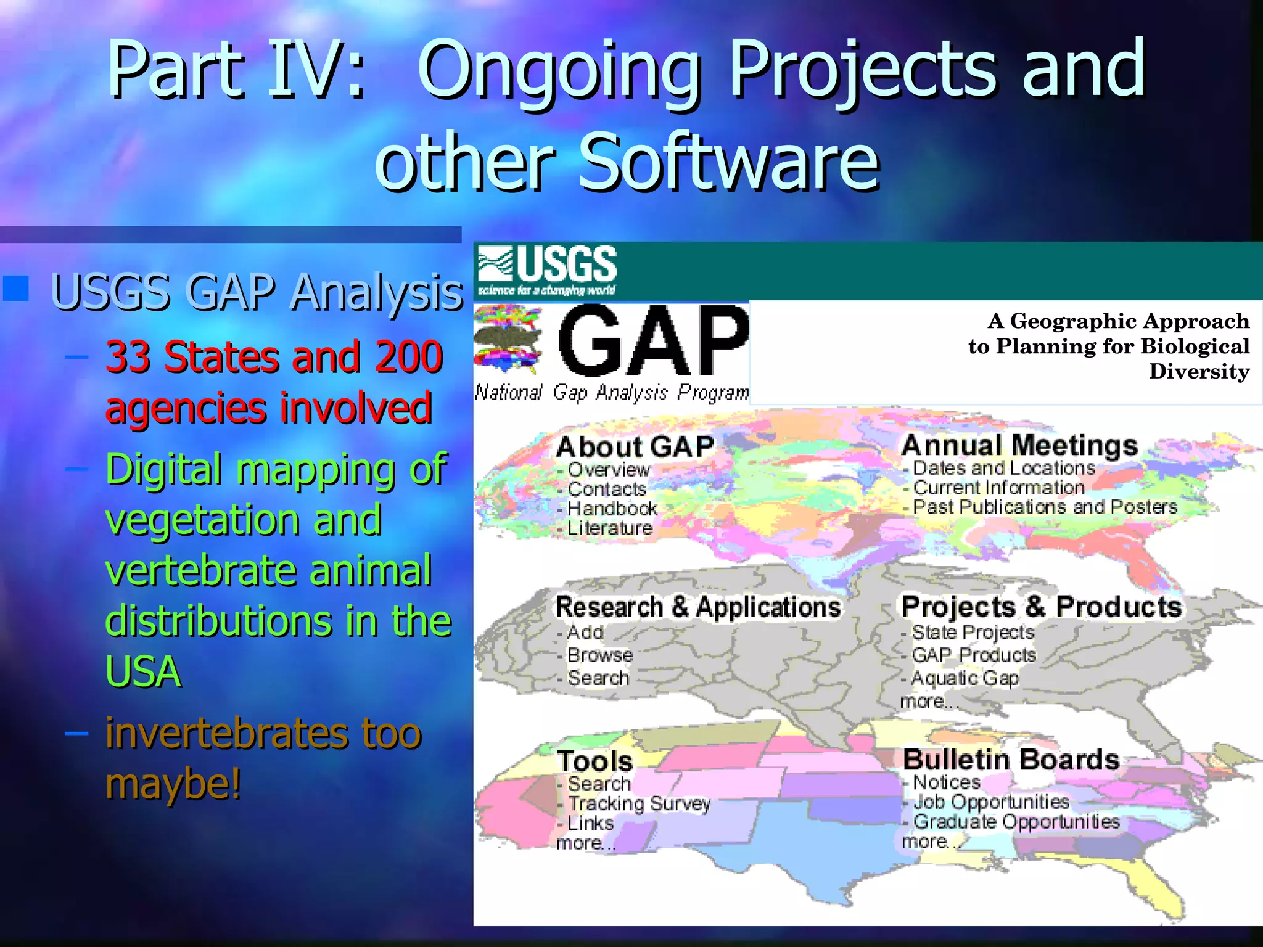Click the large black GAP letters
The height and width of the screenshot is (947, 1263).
tap(652, 340)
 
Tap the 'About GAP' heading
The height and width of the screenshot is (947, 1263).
tap(635, 446)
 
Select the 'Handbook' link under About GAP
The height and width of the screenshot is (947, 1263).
tap(612, 509)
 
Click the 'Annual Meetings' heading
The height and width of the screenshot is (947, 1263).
tap(1019, 445)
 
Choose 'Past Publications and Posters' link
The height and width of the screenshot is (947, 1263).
tap(1045, 507)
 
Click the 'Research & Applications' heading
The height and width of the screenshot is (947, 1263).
tap(697, 607)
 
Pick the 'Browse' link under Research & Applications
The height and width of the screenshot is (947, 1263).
tap(599, 655)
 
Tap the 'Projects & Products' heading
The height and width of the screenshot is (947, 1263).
tap(1041, 607)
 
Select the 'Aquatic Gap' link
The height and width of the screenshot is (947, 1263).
tap(965, 678)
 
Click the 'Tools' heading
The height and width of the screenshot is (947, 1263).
tap(594, 761)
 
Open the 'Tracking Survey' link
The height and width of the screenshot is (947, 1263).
tap(639, 803)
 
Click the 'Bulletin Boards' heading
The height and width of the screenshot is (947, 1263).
tap(1011, 760)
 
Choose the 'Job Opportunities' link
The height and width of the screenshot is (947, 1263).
tap(990, 801)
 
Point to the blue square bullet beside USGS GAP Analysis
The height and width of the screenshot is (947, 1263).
tap(16, 288)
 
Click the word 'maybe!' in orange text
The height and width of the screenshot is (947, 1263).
tap(173, 784)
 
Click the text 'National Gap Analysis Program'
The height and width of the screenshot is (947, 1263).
tap(611, 392)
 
